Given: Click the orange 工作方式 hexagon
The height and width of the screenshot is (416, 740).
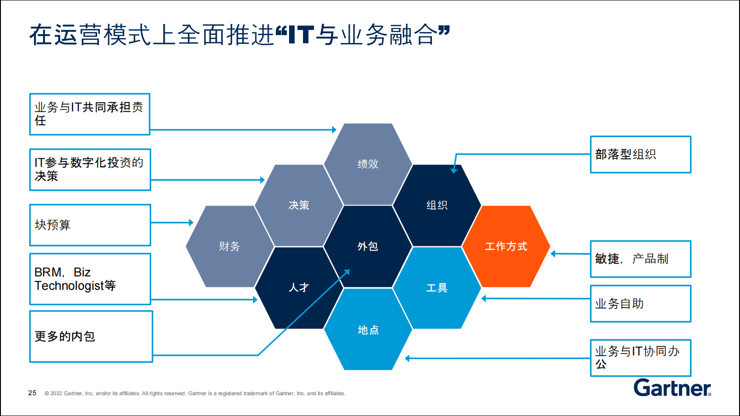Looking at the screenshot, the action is pyautogui.click(x=506, y=246).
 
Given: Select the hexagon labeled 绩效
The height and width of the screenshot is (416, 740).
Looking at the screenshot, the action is pyautogui.click(x=368, y=164).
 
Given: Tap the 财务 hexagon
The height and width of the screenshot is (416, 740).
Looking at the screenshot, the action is pyautogui.click(x=229, y=246).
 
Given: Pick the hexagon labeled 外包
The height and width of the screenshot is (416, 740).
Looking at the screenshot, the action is pyautogui.click(x=368, y=246).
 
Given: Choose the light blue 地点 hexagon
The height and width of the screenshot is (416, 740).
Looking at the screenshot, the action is pyautogui.click(x=368, y=329).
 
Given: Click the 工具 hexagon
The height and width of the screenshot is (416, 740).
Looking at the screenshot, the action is pyautogui.click(x=437, y=288).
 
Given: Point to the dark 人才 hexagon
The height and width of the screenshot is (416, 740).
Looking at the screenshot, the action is pyautogui.click(x=299, y=288).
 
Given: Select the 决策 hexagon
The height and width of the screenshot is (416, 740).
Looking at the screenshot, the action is pyautogui.click(x=299, y=205).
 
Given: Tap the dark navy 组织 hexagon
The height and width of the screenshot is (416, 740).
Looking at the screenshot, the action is pyautogui.click(x=437, y=205).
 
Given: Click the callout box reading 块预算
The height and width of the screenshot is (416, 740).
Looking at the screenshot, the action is pyautogui.click(x=90, y=225).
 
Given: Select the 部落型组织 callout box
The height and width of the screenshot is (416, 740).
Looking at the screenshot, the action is pyautogui.click(x=641, y=154).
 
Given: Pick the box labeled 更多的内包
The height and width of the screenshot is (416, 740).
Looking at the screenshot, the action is pyautogui.click(x=91, y=336).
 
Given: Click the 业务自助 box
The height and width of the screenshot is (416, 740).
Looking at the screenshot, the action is pyautogui.click(x=641, y=304).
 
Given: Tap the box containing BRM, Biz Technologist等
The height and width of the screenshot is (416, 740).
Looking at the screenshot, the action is pyautogui.click(x=90, y=279).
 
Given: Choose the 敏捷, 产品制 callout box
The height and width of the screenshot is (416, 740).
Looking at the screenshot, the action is pyautogui.click(x=641, y=259).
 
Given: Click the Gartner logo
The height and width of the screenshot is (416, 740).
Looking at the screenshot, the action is pyautogui.click(x=672, y=388).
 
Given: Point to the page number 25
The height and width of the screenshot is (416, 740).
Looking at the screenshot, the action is pyautogui.click(x=32, y=393).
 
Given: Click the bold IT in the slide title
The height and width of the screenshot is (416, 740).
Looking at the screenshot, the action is pyautogui.click(x=301, y=35).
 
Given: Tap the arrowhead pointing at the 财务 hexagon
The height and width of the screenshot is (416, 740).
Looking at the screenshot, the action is pyautogui.click(x=191, y=222).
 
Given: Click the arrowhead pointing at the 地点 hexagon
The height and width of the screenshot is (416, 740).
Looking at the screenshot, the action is pyautogui.click(x=407, y=358).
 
